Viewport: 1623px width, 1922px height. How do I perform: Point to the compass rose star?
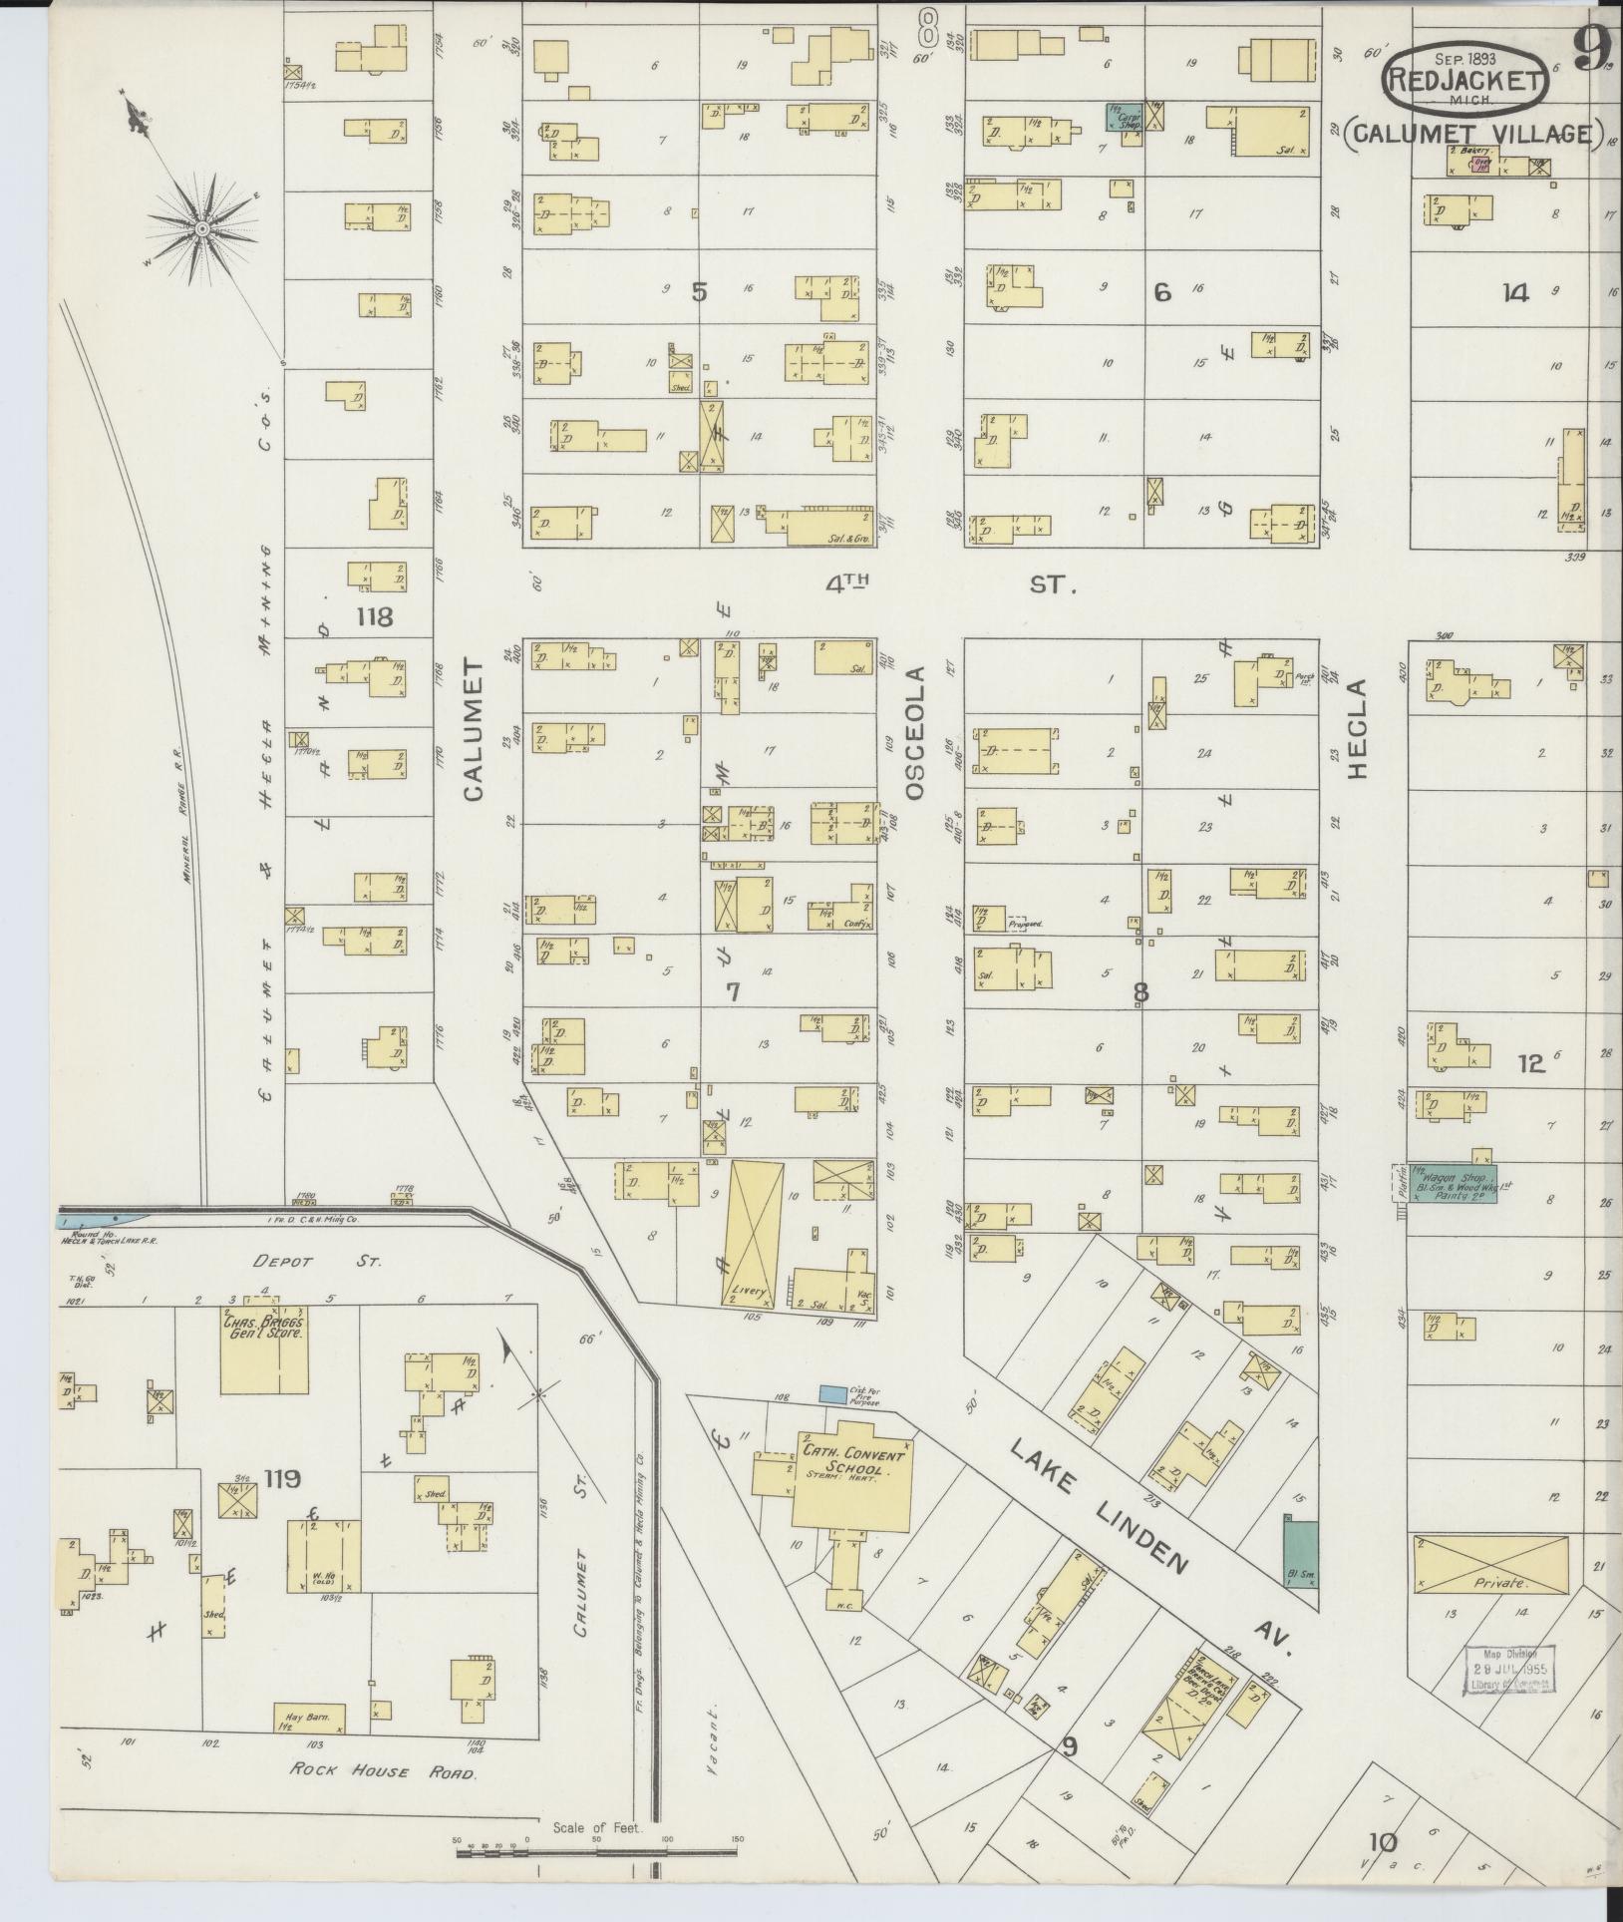coord(202,228)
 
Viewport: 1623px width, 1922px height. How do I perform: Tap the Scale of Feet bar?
coord(598,1853)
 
